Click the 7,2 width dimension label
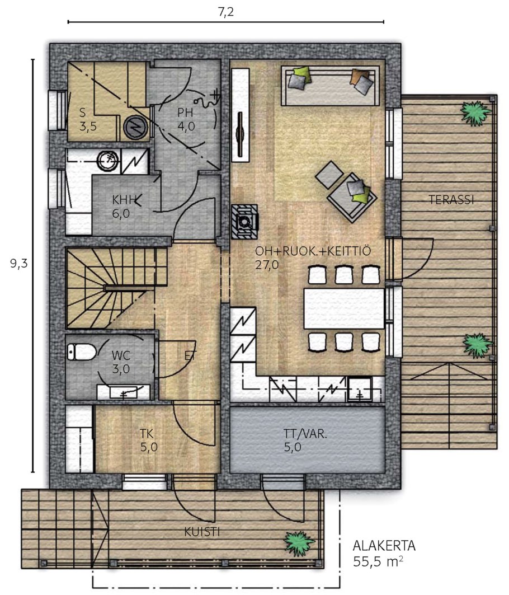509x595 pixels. (x=225, y=12)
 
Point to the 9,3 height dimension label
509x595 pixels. (x=19, y=263)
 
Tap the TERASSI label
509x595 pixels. (x=451, y=200)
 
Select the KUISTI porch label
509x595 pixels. (x=202, y=532)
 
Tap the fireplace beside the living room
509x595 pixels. (x=244, y=222)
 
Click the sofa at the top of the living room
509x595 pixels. (x=330, y=86)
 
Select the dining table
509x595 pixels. (x=344, y=308)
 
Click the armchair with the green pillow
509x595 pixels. (x=352, y=198)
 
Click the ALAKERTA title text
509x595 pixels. (x=384, y=546)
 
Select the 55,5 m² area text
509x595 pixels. (x=378, y=561)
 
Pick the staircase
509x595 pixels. (x=116, y=288)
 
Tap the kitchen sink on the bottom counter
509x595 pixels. (x=360, y=390)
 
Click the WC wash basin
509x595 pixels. (x=123, y=392)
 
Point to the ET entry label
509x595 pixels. (x=190, y=356)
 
